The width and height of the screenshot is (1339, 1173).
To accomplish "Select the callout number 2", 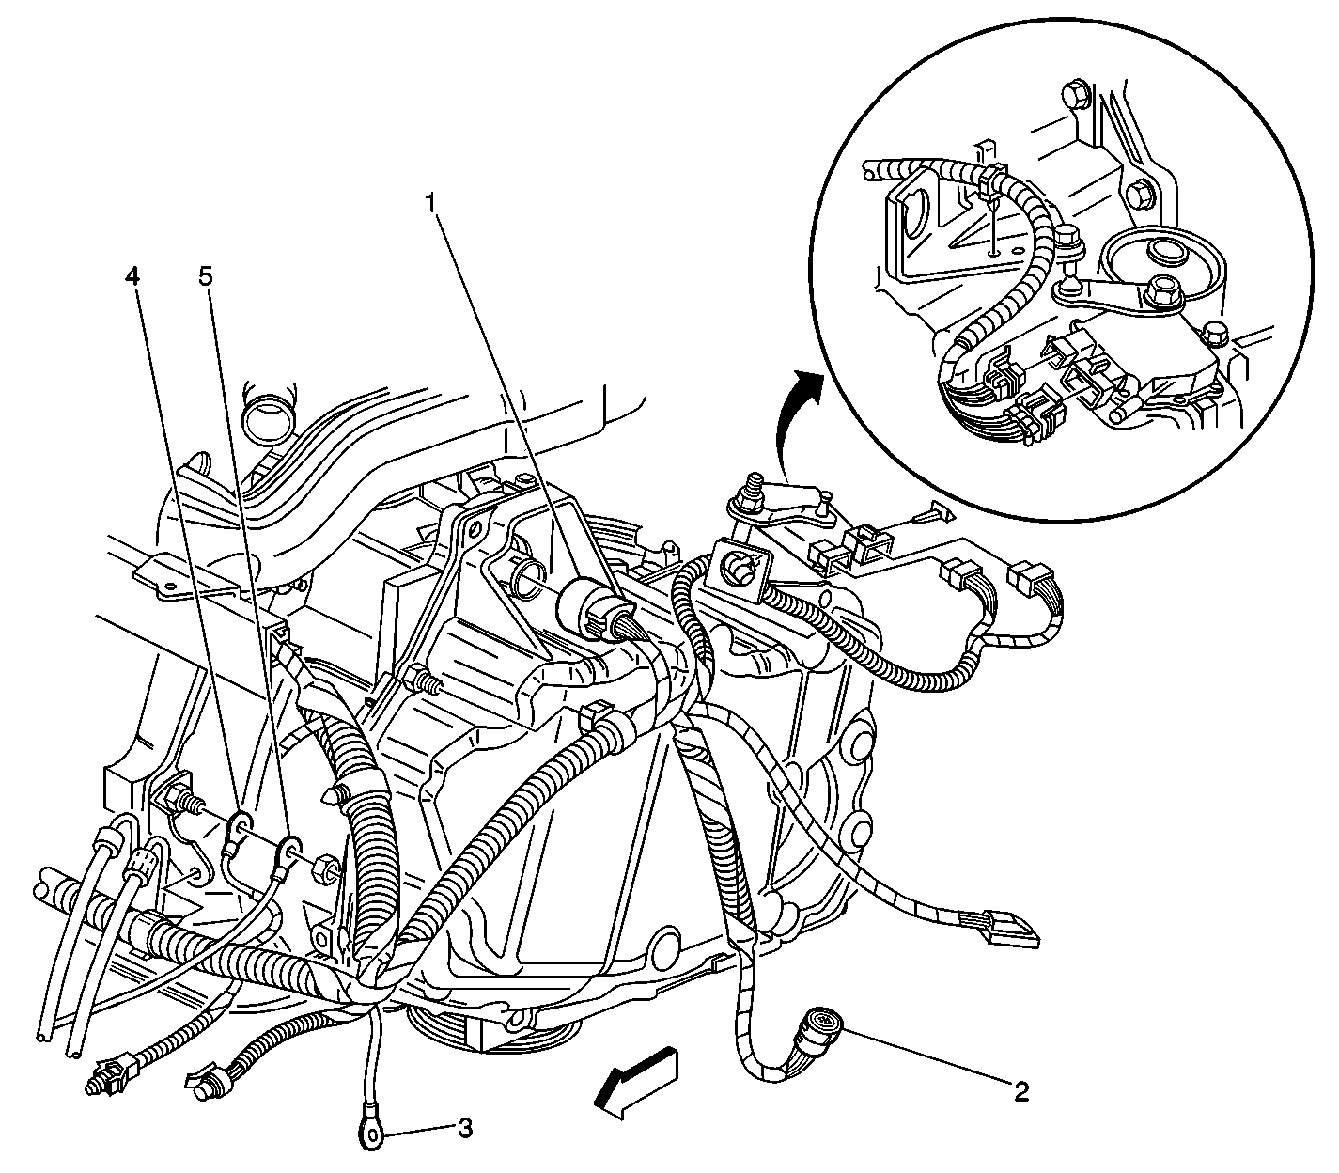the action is [1021, 1092].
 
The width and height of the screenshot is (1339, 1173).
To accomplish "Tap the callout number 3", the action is [464, 1128].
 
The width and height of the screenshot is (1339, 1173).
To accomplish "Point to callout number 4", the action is [132, 277].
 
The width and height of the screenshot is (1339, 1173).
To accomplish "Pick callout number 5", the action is [206, 277].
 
